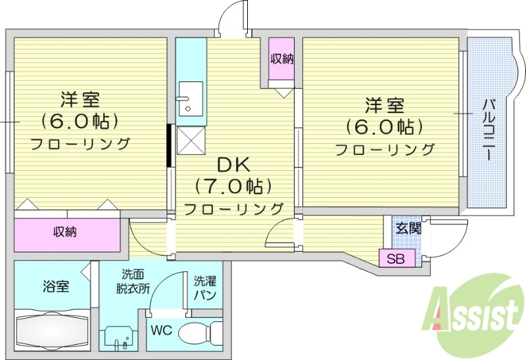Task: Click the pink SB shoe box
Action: point(396,258)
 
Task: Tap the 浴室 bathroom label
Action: point(56,287)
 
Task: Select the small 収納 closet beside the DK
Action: point(281,59)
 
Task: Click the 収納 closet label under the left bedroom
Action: point(66,232)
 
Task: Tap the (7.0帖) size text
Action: point(233,187)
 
